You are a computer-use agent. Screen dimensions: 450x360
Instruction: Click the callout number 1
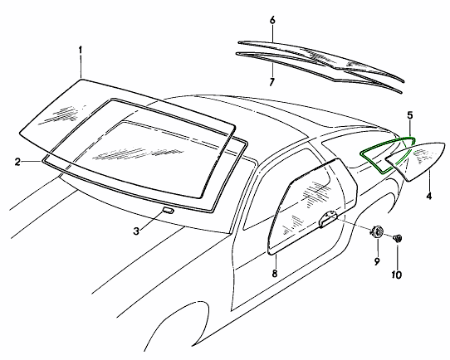(81, 51)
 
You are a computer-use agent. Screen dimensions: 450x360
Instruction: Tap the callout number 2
(17, 162)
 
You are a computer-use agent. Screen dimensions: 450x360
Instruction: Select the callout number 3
(136, 231)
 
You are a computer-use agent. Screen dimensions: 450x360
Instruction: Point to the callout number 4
(429, 197)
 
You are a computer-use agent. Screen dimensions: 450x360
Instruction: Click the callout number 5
(410, 115)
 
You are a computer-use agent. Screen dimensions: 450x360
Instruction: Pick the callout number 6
(272, 20)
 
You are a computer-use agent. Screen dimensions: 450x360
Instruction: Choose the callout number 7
(271, 81)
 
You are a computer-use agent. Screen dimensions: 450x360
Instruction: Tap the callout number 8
(275, 274)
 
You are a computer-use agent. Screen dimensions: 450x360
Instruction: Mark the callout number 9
(377, 260)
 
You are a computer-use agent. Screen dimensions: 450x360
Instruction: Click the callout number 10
(396, 275)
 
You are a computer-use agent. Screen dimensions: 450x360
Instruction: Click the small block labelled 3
(168, 210)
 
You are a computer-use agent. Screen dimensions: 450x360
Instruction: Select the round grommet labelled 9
(377, 231)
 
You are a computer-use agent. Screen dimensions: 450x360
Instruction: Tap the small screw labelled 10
(398, 238)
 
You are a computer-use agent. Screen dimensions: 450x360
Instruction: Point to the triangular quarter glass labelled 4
(416, 161)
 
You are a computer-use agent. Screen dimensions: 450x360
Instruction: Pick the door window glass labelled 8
(313, 207)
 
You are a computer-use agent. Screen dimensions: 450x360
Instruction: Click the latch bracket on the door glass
(328, 219)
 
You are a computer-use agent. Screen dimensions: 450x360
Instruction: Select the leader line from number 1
(81, 67)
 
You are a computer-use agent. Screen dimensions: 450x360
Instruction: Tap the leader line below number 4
(429, 181)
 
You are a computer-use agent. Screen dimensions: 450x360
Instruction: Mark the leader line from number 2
(32, 162)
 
